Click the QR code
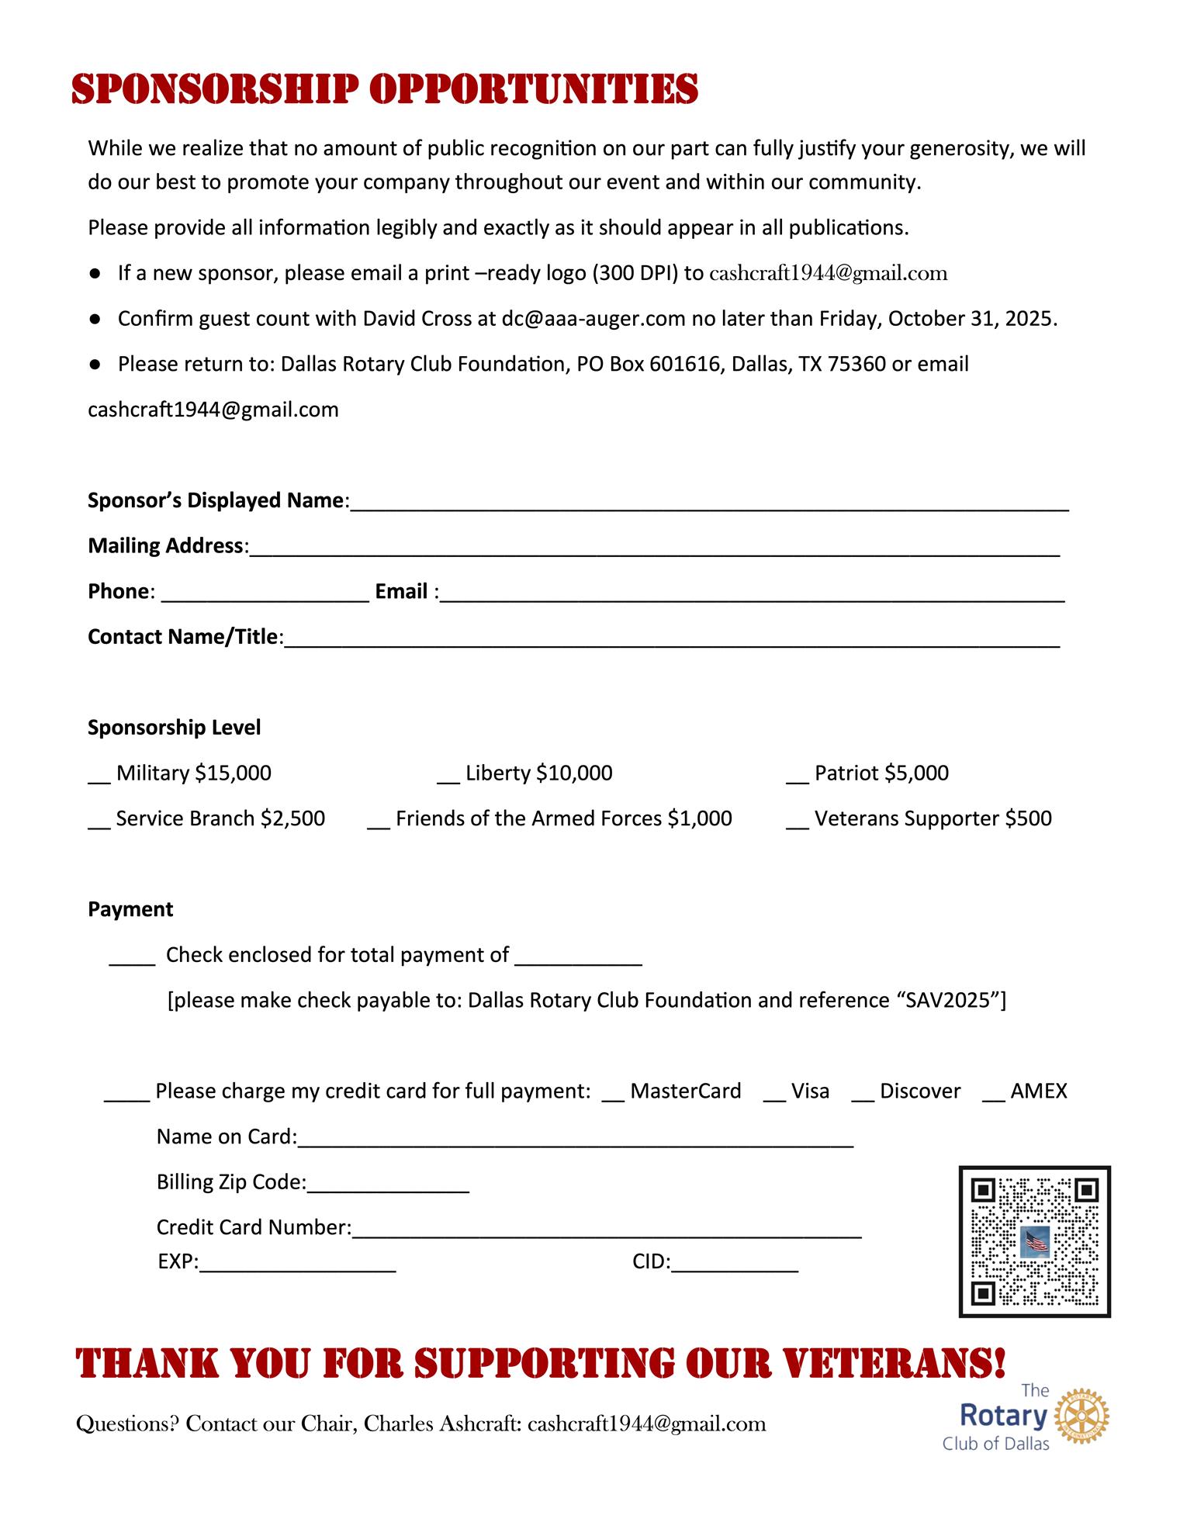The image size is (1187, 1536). pos(1034,1242)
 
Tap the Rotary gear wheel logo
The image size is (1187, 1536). pos(1085,1417)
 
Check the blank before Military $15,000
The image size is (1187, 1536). pos(99,778)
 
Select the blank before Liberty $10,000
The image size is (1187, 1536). pos(448,778)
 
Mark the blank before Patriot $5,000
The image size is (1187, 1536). pos(798,778)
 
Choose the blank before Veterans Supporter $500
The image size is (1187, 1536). pos(798,824)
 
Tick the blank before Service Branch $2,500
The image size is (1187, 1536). pos(99,824)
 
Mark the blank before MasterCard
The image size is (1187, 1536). pos(613,1096)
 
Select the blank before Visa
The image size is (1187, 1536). pos(774,1096)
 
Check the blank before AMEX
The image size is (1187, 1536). pos(993,1096)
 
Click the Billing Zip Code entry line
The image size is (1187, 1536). pos(388,1187)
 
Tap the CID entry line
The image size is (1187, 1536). pos(734,1266)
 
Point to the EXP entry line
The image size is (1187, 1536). pos(297,1266)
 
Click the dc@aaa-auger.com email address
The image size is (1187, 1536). pos(593,319)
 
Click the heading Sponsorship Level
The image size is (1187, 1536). pos(174,728)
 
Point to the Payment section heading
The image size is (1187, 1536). pos(130,909)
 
